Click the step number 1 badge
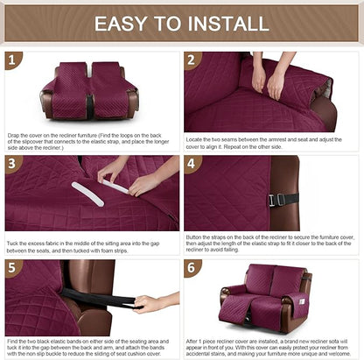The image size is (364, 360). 11,60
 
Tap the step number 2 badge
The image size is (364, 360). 192,60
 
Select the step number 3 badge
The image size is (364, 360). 11,164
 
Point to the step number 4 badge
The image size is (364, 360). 192,164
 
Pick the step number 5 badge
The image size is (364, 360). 11,267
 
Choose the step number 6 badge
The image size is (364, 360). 192,267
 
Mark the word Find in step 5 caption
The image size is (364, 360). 13,338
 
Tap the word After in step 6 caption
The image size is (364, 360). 195,338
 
